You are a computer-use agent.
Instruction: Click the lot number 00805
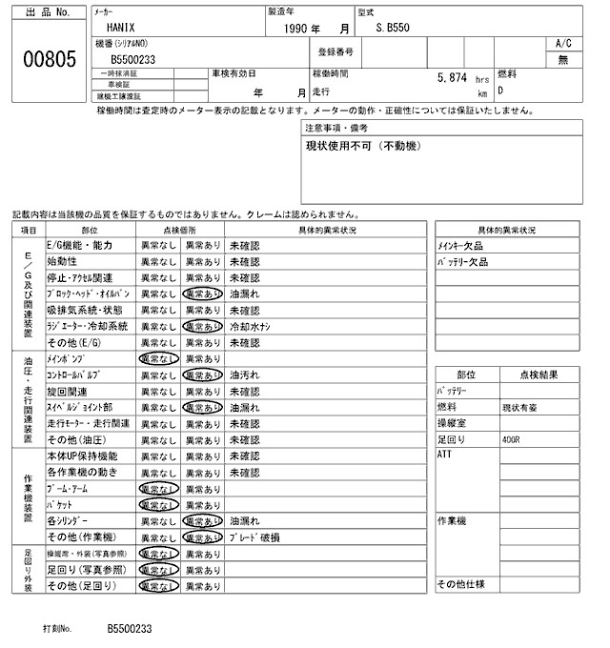pos(48,59)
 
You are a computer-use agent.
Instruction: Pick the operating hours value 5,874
pos(454,79)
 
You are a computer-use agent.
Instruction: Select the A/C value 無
pos(562,59)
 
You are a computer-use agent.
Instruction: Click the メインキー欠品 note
pos(461,246)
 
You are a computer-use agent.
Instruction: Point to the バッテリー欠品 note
pos(462,261)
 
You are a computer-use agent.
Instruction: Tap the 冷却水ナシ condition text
pos(252,326)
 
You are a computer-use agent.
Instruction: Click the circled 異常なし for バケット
pos(158,504)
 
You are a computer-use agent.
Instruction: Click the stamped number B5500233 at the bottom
pos(129,629)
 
